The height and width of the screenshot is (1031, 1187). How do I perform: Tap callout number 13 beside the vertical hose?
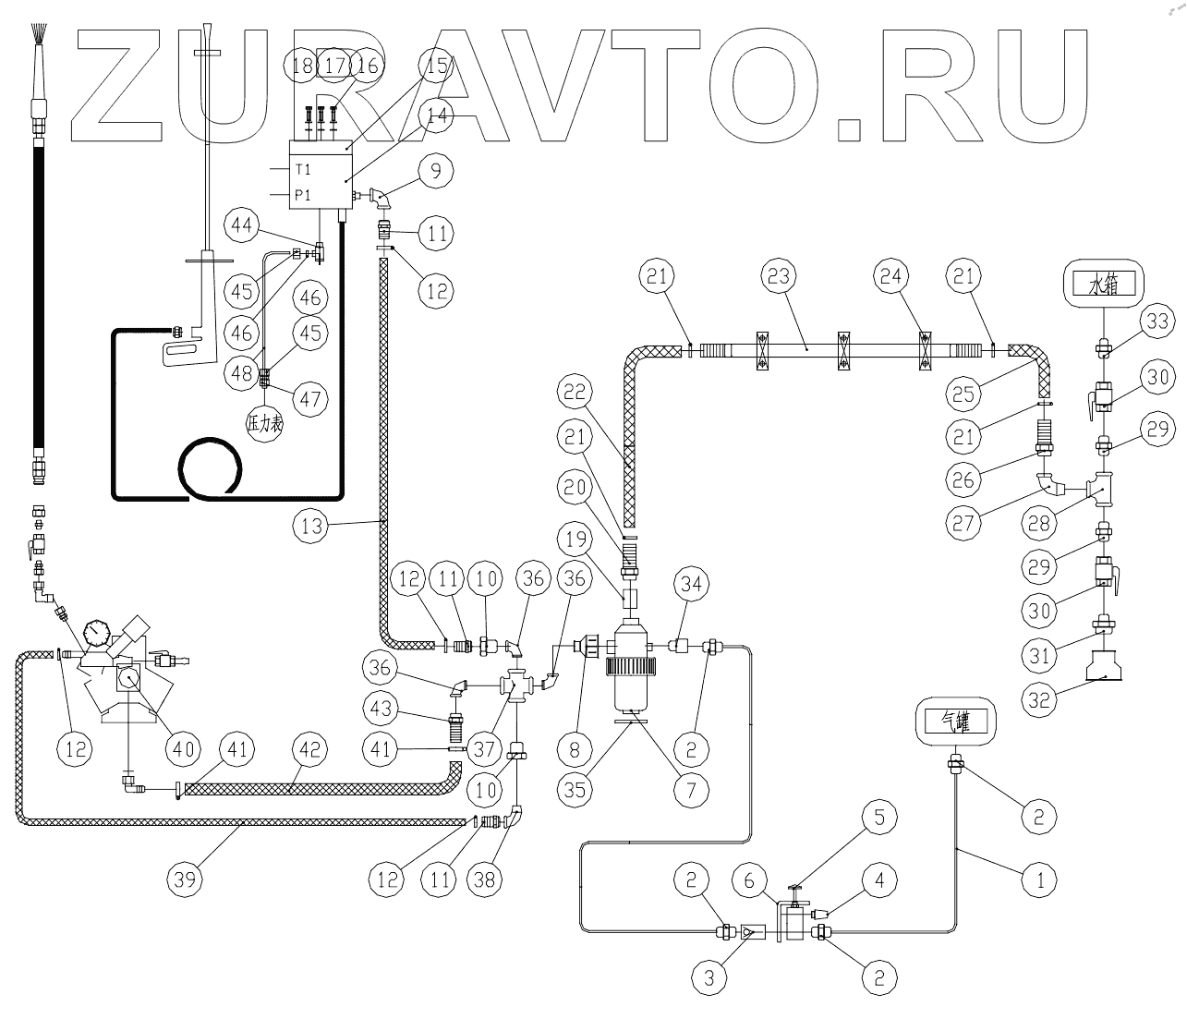[x=310, y=527]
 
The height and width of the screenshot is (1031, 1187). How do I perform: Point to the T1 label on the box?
[x=303, y=170]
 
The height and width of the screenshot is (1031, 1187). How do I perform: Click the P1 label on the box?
[x=303, y=196]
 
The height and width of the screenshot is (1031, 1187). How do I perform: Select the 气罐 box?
[x=952, y=719]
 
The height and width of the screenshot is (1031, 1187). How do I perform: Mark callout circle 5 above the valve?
[x=880, y=817]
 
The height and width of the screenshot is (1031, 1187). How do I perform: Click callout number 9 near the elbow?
[x=435, y=169]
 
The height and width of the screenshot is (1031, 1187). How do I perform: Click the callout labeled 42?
[x=310, y=748]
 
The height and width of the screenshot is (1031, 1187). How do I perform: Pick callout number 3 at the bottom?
[x=709, y=977]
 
